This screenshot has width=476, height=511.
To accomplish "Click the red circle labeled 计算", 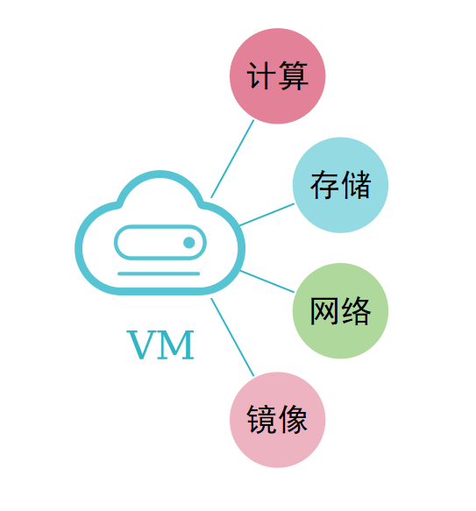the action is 278,76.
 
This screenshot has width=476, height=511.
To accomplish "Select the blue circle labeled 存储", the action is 340,185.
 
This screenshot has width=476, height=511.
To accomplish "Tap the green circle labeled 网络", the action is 340,311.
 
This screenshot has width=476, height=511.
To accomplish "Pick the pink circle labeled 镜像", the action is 278,420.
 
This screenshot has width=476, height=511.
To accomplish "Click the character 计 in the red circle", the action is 261,75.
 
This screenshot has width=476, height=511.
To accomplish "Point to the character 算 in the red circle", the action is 294,75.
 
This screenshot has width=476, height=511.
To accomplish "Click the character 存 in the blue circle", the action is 324,185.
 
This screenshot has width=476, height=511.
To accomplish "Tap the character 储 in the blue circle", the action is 357,185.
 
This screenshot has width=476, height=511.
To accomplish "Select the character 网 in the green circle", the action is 324,310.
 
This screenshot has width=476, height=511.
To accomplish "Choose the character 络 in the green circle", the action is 357,310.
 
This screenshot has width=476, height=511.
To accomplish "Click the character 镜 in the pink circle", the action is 261,420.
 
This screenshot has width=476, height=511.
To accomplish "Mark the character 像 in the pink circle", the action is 294,420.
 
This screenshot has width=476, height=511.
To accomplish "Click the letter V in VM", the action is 141,345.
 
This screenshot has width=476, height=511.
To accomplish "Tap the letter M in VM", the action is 176,345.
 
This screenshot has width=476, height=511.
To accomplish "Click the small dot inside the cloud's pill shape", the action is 189,243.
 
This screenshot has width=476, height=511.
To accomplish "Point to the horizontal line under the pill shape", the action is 159,273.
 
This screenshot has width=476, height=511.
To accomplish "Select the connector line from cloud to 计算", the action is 232,159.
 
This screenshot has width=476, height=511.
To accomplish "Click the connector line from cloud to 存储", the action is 267,215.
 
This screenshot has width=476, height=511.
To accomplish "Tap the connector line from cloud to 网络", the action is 267,281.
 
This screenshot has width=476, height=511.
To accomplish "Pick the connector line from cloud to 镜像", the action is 232,337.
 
